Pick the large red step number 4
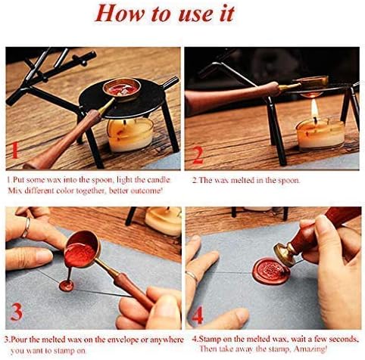point(198,312)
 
